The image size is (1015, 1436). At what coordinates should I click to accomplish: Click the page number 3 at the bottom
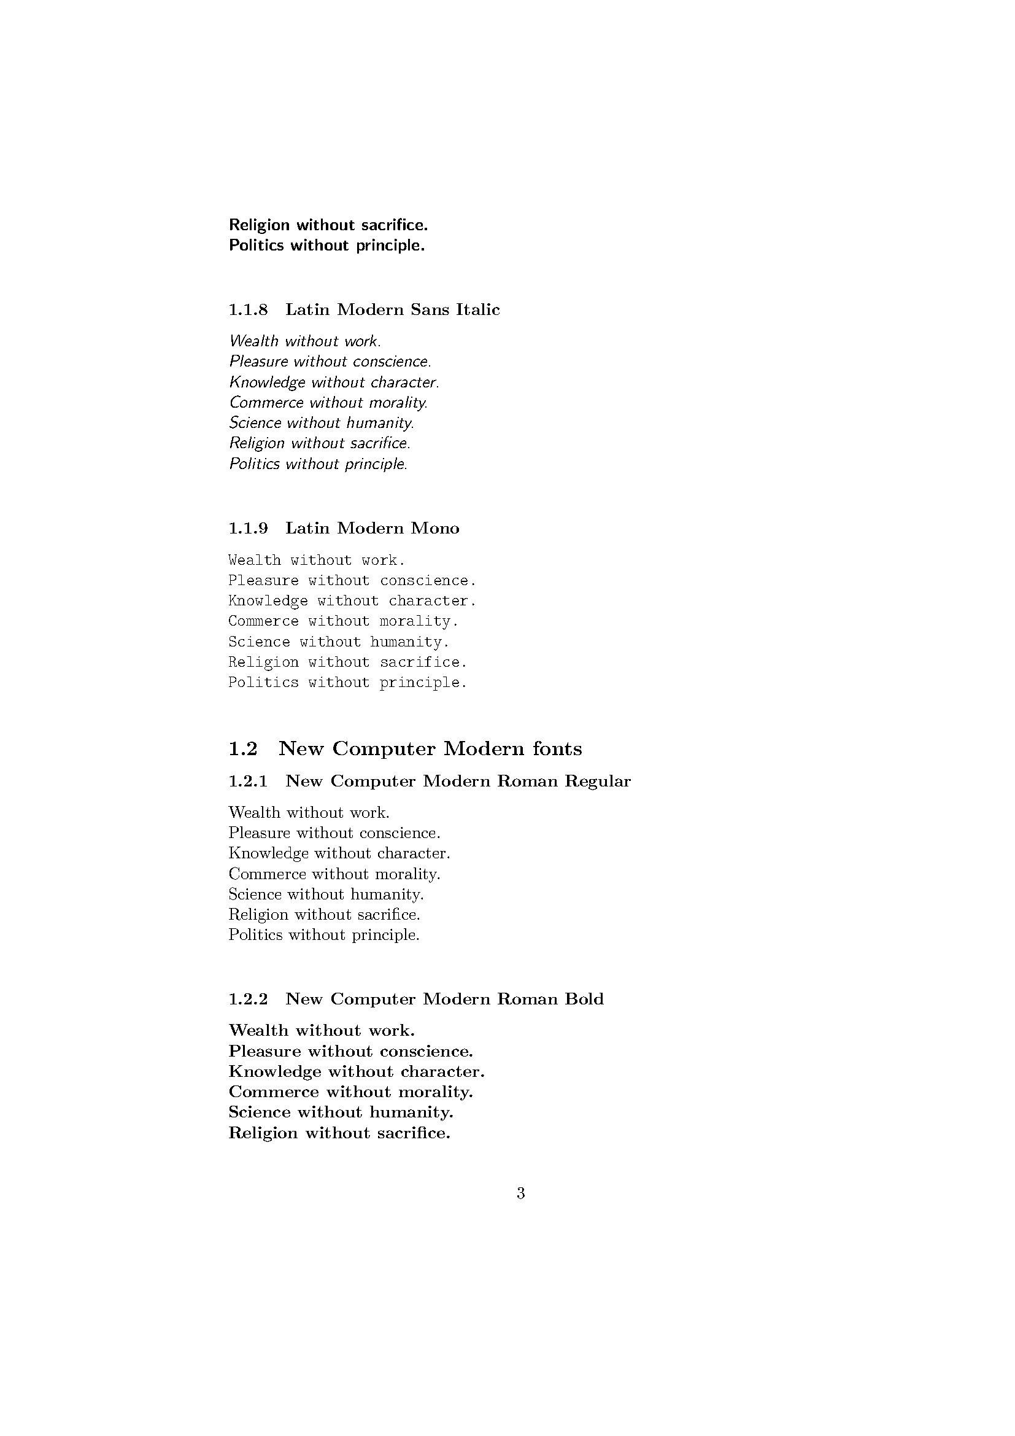point(520,1194)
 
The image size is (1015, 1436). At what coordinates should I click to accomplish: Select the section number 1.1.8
point(247,309)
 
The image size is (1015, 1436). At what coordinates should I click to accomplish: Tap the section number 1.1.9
point(247,529)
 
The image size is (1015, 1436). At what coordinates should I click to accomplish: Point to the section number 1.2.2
point(247,999)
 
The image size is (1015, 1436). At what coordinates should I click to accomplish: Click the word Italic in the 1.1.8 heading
point(477,309)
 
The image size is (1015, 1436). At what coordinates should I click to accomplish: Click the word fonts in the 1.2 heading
point(557,748)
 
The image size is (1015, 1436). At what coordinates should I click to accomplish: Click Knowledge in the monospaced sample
point(268,601)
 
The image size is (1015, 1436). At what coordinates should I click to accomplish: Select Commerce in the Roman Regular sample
point(267,874)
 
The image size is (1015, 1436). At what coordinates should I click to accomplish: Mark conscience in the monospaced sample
point(428,580)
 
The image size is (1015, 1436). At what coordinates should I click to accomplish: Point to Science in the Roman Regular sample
point(255,895)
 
